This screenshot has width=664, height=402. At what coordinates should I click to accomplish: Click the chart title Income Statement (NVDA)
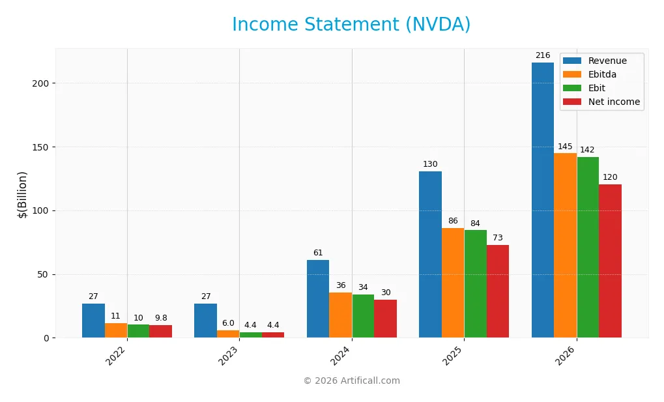351,25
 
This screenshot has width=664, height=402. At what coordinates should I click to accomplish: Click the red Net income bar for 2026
610,261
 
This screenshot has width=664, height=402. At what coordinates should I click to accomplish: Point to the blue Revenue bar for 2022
93,321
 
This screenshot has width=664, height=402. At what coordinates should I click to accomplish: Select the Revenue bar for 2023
205,321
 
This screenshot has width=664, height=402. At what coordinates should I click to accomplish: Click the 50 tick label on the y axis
43,274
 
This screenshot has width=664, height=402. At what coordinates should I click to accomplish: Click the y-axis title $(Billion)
23,194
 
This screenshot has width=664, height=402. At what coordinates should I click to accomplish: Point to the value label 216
542,55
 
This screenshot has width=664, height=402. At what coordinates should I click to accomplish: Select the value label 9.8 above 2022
160,318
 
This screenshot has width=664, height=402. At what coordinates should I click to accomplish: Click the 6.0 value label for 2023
227,323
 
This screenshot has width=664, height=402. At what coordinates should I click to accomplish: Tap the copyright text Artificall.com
351,380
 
